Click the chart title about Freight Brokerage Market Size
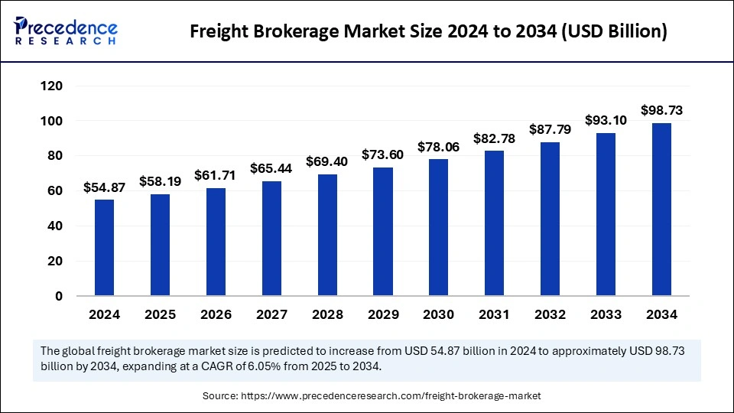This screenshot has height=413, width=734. (x=428, y=31)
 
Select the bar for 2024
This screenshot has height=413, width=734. (x=104, y=247)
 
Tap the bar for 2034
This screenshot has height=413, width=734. (x=661, y=209)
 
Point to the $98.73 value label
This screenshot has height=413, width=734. (x=661, y=112)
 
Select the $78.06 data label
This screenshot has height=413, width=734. (x=439, y=148)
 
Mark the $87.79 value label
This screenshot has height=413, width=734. (x=550, y=131)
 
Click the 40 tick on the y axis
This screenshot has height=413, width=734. (x=54, y=226)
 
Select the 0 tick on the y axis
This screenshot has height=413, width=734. (x=57, y=296)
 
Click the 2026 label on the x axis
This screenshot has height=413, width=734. (x=216, y=315)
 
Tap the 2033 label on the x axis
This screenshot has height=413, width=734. (x=606, y=315)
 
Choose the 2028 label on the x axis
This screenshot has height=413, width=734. (x=327, y=315)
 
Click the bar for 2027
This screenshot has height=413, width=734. (x=271, y=238)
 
